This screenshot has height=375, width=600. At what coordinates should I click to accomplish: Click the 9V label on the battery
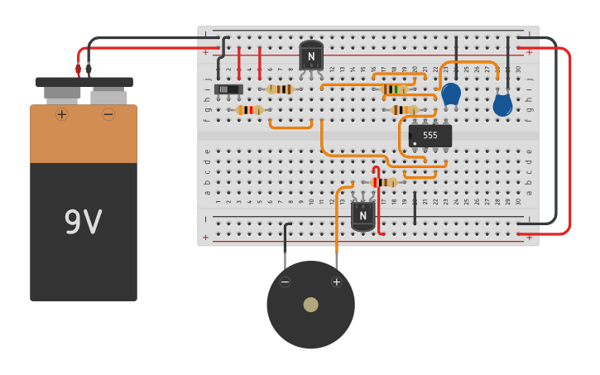tap(84, 222)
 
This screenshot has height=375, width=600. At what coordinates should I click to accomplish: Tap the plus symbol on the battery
tap(61, 114)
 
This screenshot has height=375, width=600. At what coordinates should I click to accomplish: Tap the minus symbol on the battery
tap(108, 114)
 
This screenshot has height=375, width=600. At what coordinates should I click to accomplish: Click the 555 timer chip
tap(430, 135)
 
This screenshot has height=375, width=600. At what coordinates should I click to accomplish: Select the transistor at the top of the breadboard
tap(311, 56)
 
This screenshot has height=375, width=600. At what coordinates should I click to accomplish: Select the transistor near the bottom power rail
tap(362, 215)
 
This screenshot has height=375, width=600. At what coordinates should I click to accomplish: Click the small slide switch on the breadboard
tap(228, 89)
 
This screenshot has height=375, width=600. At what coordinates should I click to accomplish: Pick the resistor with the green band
tap(394, 89)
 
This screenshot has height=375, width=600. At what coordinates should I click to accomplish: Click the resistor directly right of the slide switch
tap(281, 89)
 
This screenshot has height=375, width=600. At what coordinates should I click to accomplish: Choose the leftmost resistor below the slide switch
tap(249, 110)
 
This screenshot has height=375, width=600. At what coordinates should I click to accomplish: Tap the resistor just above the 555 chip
tap(405, 110)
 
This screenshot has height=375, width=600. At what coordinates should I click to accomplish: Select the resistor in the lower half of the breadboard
tap(384, 182)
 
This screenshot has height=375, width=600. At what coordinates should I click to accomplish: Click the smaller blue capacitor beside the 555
tap(451, 94)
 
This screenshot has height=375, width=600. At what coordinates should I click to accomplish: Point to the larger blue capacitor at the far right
tap(502, 104)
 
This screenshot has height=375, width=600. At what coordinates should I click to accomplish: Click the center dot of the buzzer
tap(310, 305)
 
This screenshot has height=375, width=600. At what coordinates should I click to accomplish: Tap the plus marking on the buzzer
tap(336, 282)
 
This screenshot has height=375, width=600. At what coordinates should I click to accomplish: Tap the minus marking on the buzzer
tap(285, 282)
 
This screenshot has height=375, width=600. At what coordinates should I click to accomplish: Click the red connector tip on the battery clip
tap(79, 70)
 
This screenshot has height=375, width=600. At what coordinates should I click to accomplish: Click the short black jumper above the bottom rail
tap(415, 209)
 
